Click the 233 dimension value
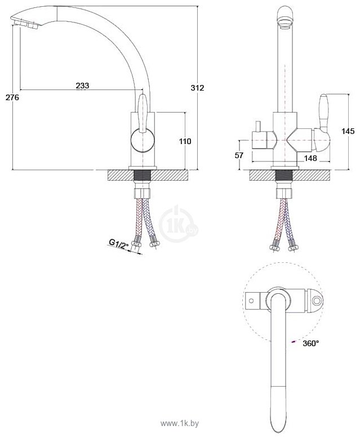(x=82, y=86)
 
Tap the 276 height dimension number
(x=12, y=97)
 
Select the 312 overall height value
(x=198, y=88)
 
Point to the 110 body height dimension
(x=185, y=141)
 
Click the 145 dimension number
(x=348, y=131)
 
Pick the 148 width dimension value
(x=310, y=158)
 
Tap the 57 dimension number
(x=239, y=155)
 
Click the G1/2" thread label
(x=118, y=244)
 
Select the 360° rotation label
(x=310, y=343)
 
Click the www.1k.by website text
(x=180, y=424)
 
